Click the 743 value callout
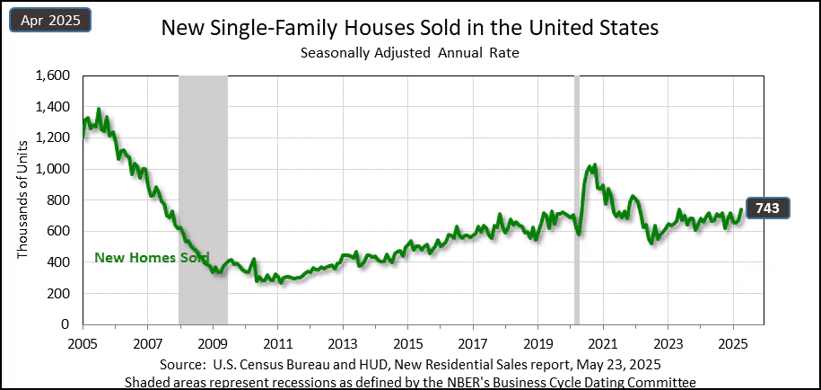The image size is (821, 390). coord(767,208)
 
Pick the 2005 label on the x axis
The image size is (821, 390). coord(83,343)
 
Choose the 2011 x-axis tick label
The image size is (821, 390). coord(277,343)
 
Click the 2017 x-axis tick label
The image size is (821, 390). coord(472,343)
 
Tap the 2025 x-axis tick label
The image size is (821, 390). coord(732,343)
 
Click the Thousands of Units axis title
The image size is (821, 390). coord(22,199)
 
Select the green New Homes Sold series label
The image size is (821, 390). coord(151,258)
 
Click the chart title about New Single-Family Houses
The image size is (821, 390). coord(409,28)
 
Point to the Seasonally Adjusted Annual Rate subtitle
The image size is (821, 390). coord(409,53)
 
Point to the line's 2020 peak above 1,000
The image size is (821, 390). coord(592,165)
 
